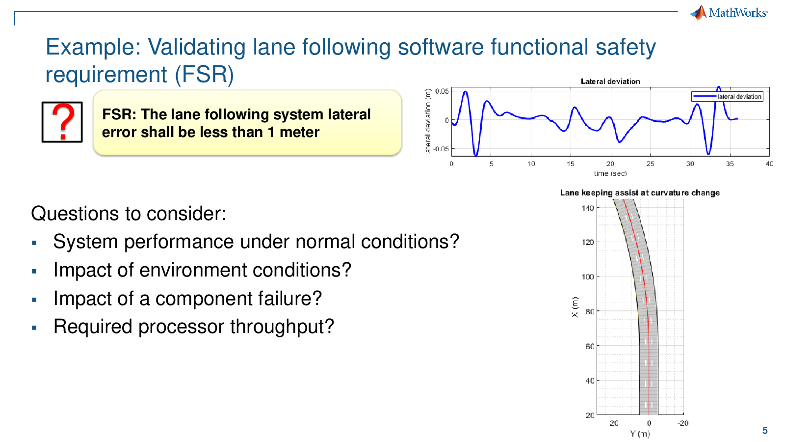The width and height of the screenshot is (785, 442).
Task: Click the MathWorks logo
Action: tap(729, 13)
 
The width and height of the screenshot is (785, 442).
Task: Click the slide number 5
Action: tap(765, 430)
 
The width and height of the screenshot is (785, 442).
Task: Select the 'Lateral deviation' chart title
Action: tap(610, 82)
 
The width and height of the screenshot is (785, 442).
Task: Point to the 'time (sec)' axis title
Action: tap(610, 173)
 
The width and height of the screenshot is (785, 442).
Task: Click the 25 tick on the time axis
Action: tap(650, 164)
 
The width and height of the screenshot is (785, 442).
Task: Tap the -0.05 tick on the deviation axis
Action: tap(441, 149)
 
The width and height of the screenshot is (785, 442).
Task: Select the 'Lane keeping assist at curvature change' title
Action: tap(640, 193)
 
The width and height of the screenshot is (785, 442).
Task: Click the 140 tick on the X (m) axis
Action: tap(588, 208)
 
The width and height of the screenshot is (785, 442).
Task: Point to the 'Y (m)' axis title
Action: tap(640, 434)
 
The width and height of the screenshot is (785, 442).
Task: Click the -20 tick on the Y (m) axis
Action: tap(682, 423)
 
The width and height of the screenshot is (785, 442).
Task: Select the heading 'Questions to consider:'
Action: tap(129, 214)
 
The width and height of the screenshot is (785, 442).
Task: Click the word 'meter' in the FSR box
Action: tap(299, 133)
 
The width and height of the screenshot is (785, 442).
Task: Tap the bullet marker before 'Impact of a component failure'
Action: tap(34, 300)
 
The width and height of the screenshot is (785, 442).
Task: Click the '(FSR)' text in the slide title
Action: tap(204, 75)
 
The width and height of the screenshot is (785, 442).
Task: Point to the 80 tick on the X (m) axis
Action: tap(590, 311)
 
